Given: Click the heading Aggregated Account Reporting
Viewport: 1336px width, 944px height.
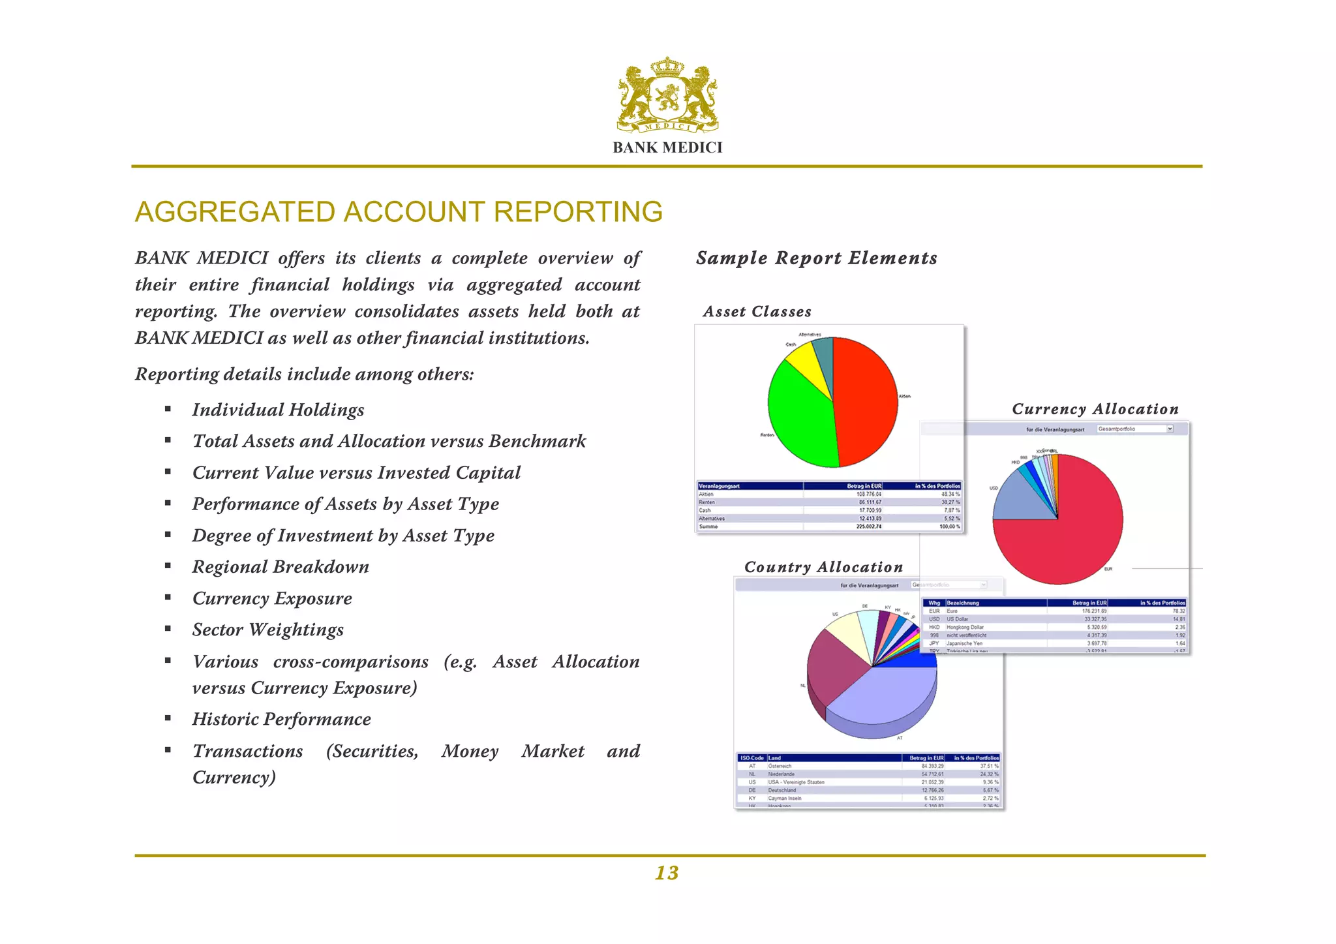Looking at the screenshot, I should click(x=399, y=212).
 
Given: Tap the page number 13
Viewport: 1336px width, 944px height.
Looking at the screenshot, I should click(x=667, y=873).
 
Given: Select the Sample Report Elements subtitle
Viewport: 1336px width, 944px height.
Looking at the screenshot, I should click(x=816, y=258).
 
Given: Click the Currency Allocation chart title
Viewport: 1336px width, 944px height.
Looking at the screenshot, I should click(x=1095, y=409).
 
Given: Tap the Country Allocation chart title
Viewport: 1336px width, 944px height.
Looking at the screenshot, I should click(x=823, y=567).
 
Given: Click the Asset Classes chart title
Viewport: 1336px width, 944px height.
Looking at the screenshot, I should click(x=757, y=312).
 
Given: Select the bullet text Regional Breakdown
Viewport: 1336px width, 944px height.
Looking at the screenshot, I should click(x=281, y=567).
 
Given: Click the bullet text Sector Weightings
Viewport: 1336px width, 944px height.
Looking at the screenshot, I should click(x=267, y=630).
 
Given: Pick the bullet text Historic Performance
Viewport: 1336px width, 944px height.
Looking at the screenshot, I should click(x=281, y=719).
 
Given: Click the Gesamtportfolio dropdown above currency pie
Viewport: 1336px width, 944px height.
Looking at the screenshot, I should click(x=1134, y=429).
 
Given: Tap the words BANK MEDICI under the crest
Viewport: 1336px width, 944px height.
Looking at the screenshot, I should click(x=667, y=147).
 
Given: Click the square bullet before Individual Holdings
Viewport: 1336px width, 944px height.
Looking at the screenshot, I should click(x=168, y=409).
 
